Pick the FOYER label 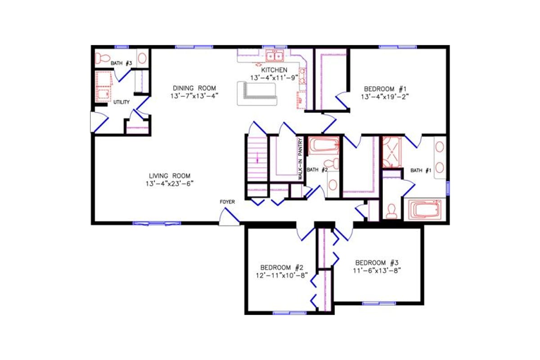(227, 202)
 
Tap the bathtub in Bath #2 (324, 146)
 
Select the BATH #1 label (421, 170)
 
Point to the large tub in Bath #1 (425, 210)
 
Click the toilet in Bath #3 (103, 58)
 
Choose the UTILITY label (121, 102)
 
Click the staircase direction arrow (257, 158)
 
